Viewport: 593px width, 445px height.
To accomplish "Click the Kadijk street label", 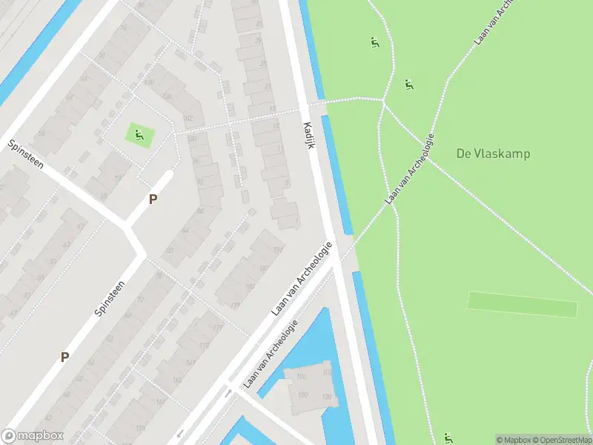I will pyautogui.click(x=309, y=135).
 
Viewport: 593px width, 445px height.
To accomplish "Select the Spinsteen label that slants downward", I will pyautogui.click(x=27, y=155).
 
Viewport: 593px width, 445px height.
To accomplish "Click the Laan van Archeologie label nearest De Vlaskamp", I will pyautogui.click(x=408, y=170).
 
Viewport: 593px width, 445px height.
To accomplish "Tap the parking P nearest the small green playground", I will pyautogui.click(x=153, y=199).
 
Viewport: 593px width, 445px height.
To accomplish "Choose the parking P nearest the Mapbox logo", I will pyautogui.click(x=64, y=357).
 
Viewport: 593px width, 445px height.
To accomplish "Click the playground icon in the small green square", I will pyautogui.click(x=139, y=134).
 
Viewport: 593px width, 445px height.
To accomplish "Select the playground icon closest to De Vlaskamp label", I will pyautogui.click(x=408, y=84).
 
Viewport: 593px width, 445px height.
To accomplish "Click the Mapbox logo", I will pyautogui.click(x=33, y=436).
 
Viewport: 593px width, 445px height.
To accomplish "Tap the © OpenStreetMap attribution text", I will pyautogui.click(x=560, y=440).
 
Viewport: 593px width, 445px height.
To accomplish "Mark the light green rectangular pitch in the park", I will pyautogui.click(x=522, y=304).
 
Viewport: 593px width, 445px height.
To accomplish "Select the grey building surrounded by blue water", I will pyautogui.click(x=308, y=389).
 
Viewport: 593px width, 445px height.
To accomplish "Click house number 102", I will pyautogui.click(x=187, y=118).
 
